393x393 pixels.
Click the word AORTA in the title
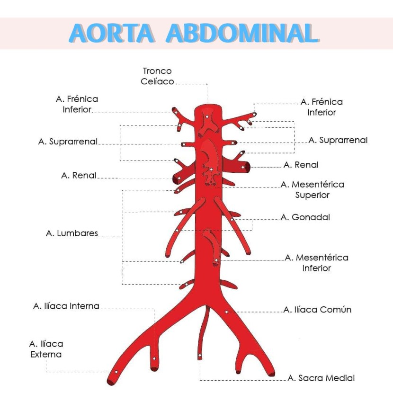[x=112, y=33]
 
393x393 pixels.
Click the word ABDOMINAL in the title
[x=241, y=33]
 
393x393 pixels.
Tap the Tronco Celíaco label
[x=157, y=76]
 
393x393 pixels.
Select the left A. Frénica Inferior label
[x=77, y=104]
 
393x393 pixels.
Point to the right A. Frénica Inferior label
[x=322, y=107]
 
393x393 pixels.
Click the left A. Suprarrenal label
[x=68, y=142]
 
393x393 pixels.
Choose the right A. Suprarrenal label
[x=338, y=140]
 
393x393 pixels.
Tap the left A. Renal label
[x=79, y=176]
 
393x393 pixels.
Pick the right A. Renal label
[x=301, y=165]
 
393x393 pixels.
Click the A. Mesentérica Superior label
[x=312, y=189]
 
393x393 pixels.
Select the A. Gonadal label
[x=305, y=217]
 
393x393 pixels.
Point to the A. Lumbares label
[x=72, y=233]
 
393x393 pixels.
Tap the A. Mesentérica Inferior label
[x=316, y=263]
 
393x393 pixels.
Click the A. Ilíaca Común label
[x=317, y=310]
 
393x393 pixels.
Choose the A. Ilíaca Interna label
[x=66, y=306]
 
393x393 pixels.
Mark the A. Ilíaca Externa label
[x=46, y=349]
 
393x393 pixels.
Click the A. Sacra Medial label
[x=321, y=378]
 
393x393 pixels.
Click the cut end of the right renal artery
[x=247, y=166]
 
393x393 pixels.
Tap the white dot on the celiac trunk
[x=207, y=116]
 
